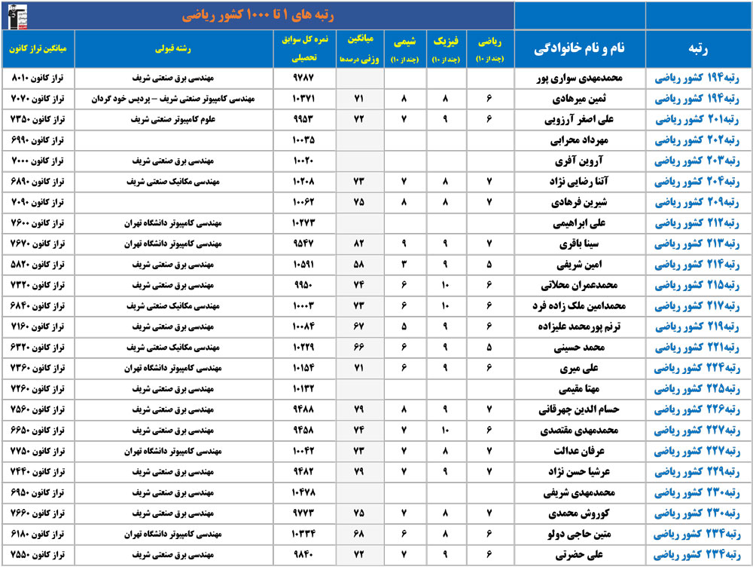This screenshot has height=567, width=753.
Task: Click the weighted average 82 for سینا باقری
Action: click(x=359, y=244)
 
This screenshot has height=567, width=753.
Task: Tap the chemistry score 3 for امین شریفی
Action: click(x=405, y=265)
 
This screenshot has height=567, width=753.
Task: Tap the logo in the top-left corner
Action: click(x=17, y=15)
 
